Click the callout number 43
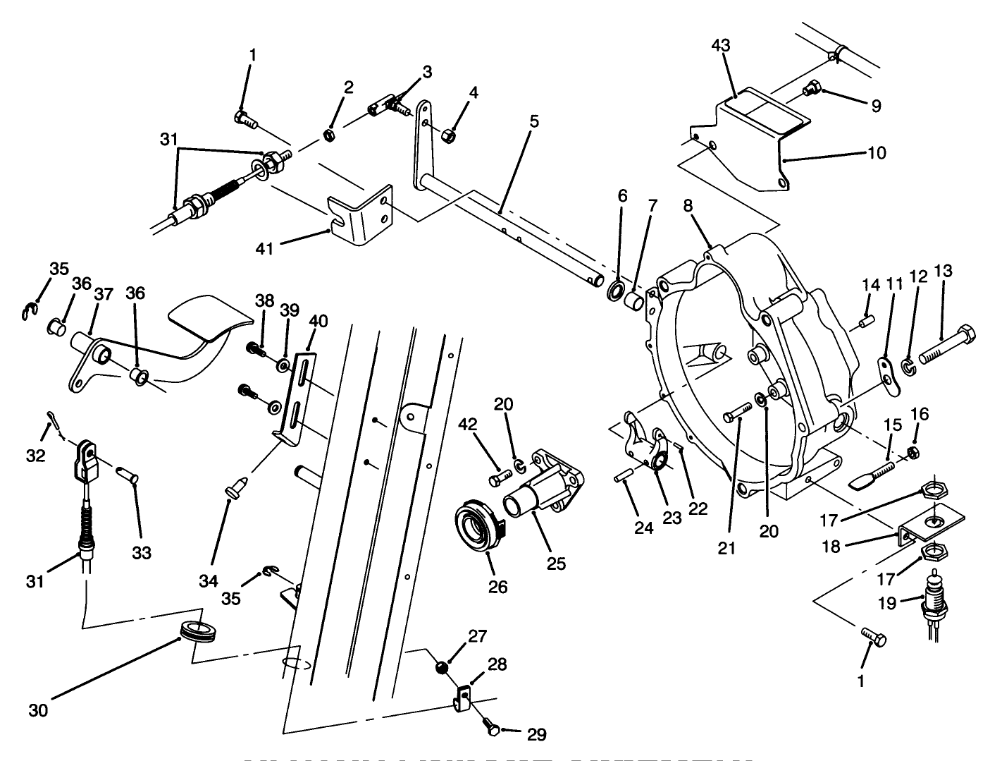pos(721,45)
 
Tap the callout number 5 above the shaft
pos(533,121)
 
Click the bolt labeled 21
pos(737,413)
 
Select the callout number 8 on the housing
pos(687,206)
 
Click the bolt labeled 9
pos(810,89)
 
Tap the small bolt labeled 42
pos(495,479)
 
